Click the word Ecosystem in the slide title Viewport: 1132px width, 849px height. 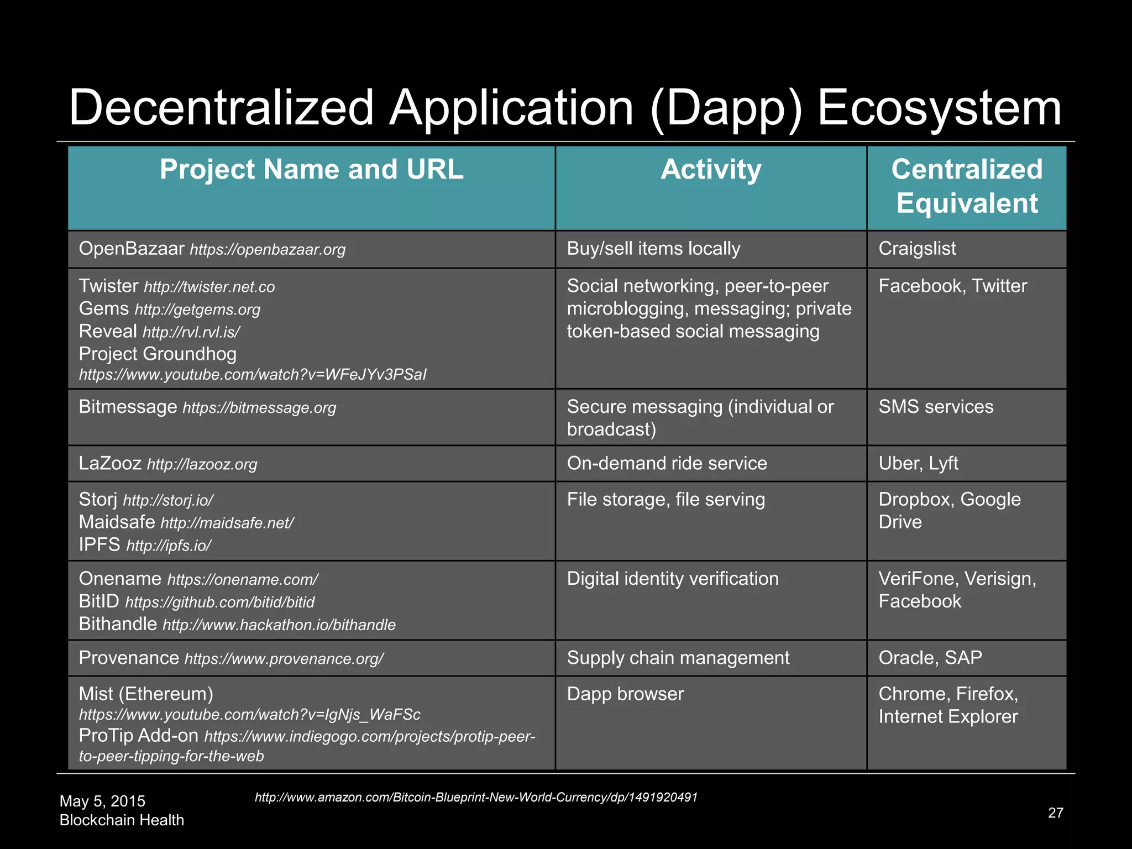point(939,108)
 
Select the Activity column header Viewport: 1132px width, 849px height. point(711,170)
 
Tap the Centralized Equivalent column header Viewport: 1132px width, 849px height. point(967,186)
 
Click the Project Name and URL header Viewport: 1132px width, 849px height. point(311,170)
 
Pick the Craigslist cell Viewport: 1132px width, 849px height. point(917,249)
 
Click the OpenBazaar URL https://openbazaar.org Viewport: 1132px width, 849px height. point(268,250)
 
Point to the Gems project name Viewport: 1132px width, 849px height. point(104,308)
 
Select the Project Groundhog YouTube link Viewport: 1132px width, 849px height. point(253,375)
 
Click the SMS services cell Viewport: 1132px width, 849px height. point(936,407)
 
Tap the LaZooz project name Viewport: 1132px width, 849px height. point(110,463)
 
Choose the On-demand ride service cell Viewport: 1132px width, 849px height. point(667,463)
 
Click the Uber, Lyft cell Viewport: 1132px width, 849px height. point(918,463)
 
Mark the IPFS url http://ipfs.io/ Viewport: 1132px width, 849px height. point(169,546)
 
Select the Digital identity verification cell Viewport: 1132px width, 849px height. point(673,579)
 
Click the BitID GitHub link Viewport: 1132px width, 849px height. point(220,602)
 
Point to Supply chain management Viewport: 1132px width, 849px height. point(678,658)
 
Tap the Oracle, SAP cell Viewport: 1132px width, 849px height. point(930,658)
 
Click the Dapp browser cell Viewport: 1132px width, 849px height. point(625,694)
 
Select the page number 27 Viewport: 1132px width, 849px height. point(1055,813)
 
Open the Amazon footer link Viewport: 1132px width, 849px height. point(476,798)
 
